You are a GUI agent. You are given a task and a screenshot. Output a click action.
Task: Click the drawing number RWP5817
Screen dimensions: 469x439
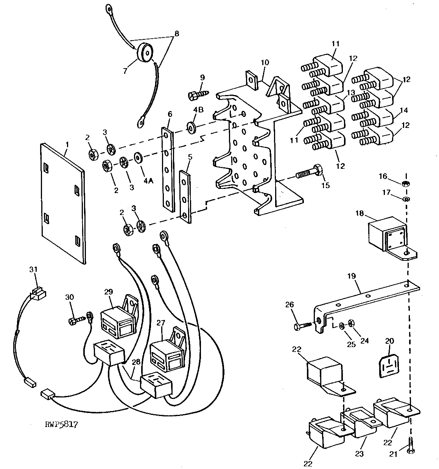(x=61, y=425)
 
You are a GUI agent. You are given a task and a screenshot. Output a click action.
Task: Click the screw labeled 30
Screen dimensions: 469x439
(x=75, y=321)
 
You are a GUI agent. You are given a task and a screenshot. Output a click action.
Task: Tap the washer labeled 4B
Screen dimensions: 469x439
(x=191, y=126)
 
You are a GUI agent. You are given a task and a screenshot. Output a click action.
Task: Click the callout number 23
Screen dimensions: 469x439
(x=359, y=453)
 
